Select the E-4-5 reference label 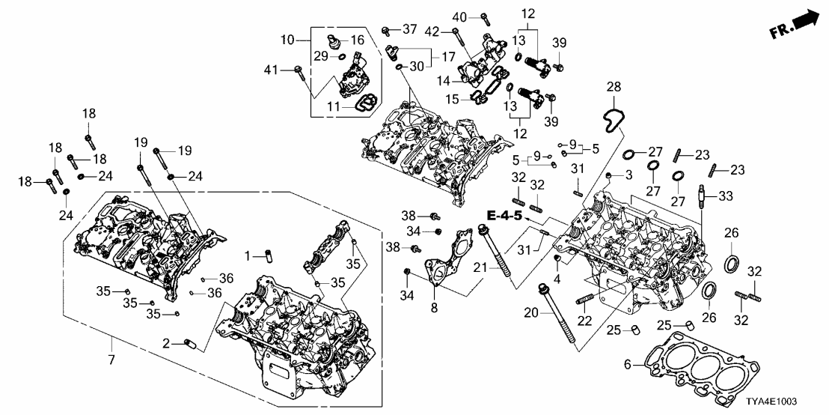(x=503, y=216)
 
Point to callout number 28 (x=614, y=88)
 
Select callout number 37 (x=409, y=28)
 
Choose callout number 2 (x=165, y=344)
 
